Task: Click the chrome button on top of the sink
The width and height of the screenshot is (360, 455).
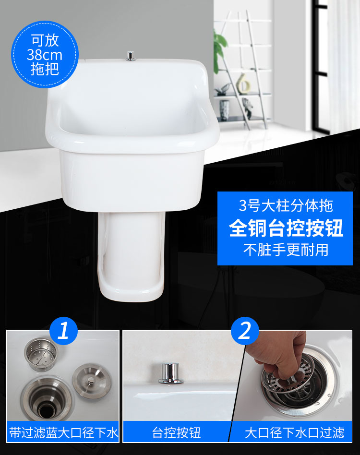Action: click(x=131, y=56)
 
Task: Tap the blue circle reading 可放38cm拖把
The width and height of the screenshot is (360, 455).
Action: click(x=45, y=54)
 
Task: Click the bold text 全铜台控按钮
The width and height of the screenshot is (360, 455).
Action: click(x=286, y=228)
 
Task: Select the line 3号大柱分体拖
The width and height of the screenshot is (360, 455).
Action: click(x=286, y=205)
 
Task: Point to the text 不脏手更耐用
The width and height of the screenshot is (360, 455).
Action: click(x=286, y=250)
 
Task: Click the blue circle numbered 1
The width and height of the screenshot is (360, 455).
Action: click(x=63, y=331)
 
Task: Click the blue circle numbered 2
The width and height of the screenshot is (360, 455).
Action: click(x=245, y=331)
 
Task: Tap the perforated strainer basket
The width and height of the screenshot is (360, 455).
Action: click(x=41, y=354)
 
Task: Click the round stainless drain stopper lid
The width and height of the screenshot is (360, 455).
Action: click(x=91, y=382)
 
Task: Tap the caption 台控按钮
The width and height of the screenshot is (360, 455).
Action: click(x=176, y=432)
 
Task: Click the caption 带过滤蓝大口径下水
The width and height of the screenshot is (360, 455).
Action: click(x=63, y=432)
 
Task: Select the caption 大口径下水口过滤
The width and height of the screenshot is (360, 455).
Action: click(x=294, y=432)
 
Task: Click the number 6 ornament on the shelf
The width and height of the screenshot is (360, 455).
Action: click(x=243, y=84)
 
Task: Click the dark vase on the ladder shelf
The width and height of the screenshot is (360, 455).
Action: click(x=224, y=110)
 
